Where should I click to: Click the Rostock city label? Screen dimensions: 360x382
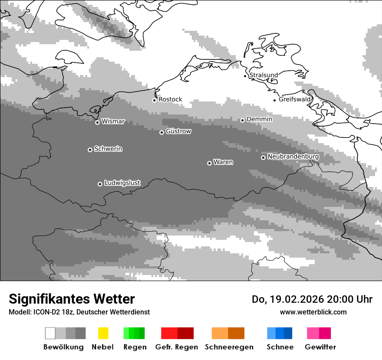point(170,99)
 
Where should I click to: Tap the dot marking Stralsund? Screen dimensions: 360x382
point(245,76)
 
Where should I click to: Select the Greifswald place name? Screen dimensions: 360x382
point(295,99)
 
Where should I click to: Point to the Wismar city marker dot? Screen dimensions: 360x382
point(97,122)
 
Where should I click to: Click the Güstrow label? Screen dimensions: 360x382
point(178,131)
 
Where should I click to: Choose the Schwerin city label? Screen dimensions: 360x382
point(108,149)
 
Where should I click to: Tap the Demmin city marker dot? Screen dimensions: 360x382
point(242,120)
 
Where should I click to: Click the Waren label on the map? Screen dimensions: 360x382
point(223,162)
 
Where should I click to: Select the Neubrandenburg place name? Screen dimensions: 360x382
point(293,157)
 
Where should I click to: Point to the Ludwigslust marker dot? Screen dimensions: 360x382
point(100,184)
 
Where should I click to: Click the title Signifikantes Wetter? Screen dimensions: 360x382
point(72,299)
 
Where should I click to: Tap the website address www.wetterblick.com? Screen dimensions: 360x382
point(313,312)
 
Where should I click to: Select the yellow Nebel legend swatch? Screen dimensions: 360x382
point(103,333)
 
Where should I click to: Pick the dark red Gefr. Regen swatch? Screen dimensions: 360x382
point(185,333)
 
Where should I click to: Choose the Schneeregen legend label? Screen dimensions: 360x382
point(229,347)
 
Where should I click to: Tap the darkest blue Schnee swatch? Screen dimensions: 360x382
point(288,333)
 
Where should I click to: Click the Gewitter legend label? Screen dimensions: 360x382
point(320,347)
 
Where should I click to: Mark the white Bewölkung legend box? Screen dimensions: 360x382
point(50,333)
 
